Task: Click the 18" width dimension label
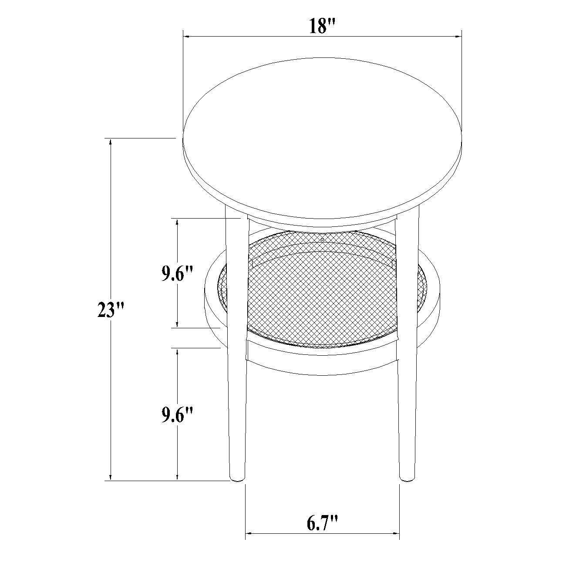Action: tap(322, 27)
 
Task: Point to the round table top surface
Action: tap(322, 138)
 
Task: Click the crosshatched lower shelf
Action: tap(322, 290)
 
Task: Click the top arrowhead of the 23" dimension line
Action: tap(111, 142)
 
